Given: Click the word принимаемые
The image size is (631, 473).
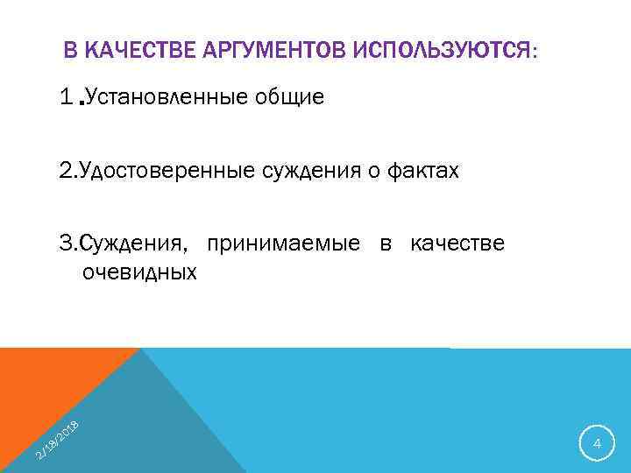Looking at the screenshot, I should tap(284, 243).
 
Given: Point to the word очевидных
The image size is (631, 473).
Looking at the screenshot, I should tap(139, 272).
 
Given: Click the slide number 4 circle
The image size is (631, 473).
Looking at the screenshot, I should tap(597, 445).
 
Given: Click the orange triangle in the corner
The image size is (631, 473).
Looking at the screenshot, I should tap(44, 385).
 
